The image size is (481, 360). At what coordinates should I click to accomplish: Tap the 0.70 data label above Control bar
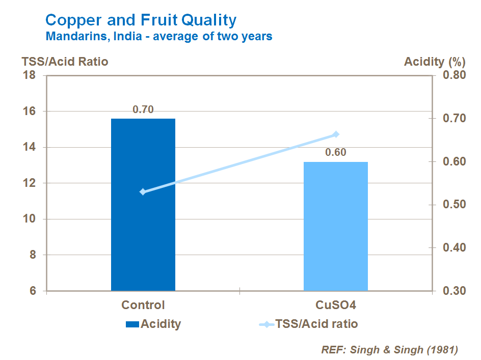143,109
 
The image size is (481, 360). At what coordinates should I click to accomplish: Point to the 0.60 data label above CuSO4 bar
336,152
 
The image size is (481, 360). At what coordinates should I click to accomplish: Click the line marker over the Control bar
143,192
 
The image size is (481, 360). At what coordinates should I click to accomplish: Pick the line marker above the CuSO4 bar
336,134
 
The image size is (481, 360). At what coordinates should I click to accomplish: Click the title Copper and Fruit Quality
141,20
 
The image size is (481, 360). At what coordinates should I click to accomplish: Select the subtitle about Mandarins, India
158,37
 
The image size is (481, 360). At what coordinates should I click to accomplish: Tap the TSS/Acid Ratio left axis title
65,62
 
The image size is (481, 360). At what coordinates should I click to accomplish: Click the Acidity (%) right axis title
434,62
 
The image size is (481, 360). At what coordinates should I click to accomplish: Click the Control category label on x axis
143,305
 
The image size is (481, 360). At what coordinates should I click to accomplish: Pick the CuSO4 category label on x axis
335,305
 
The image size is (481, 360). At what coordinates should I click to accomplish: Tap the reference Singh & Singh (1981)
389,350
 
